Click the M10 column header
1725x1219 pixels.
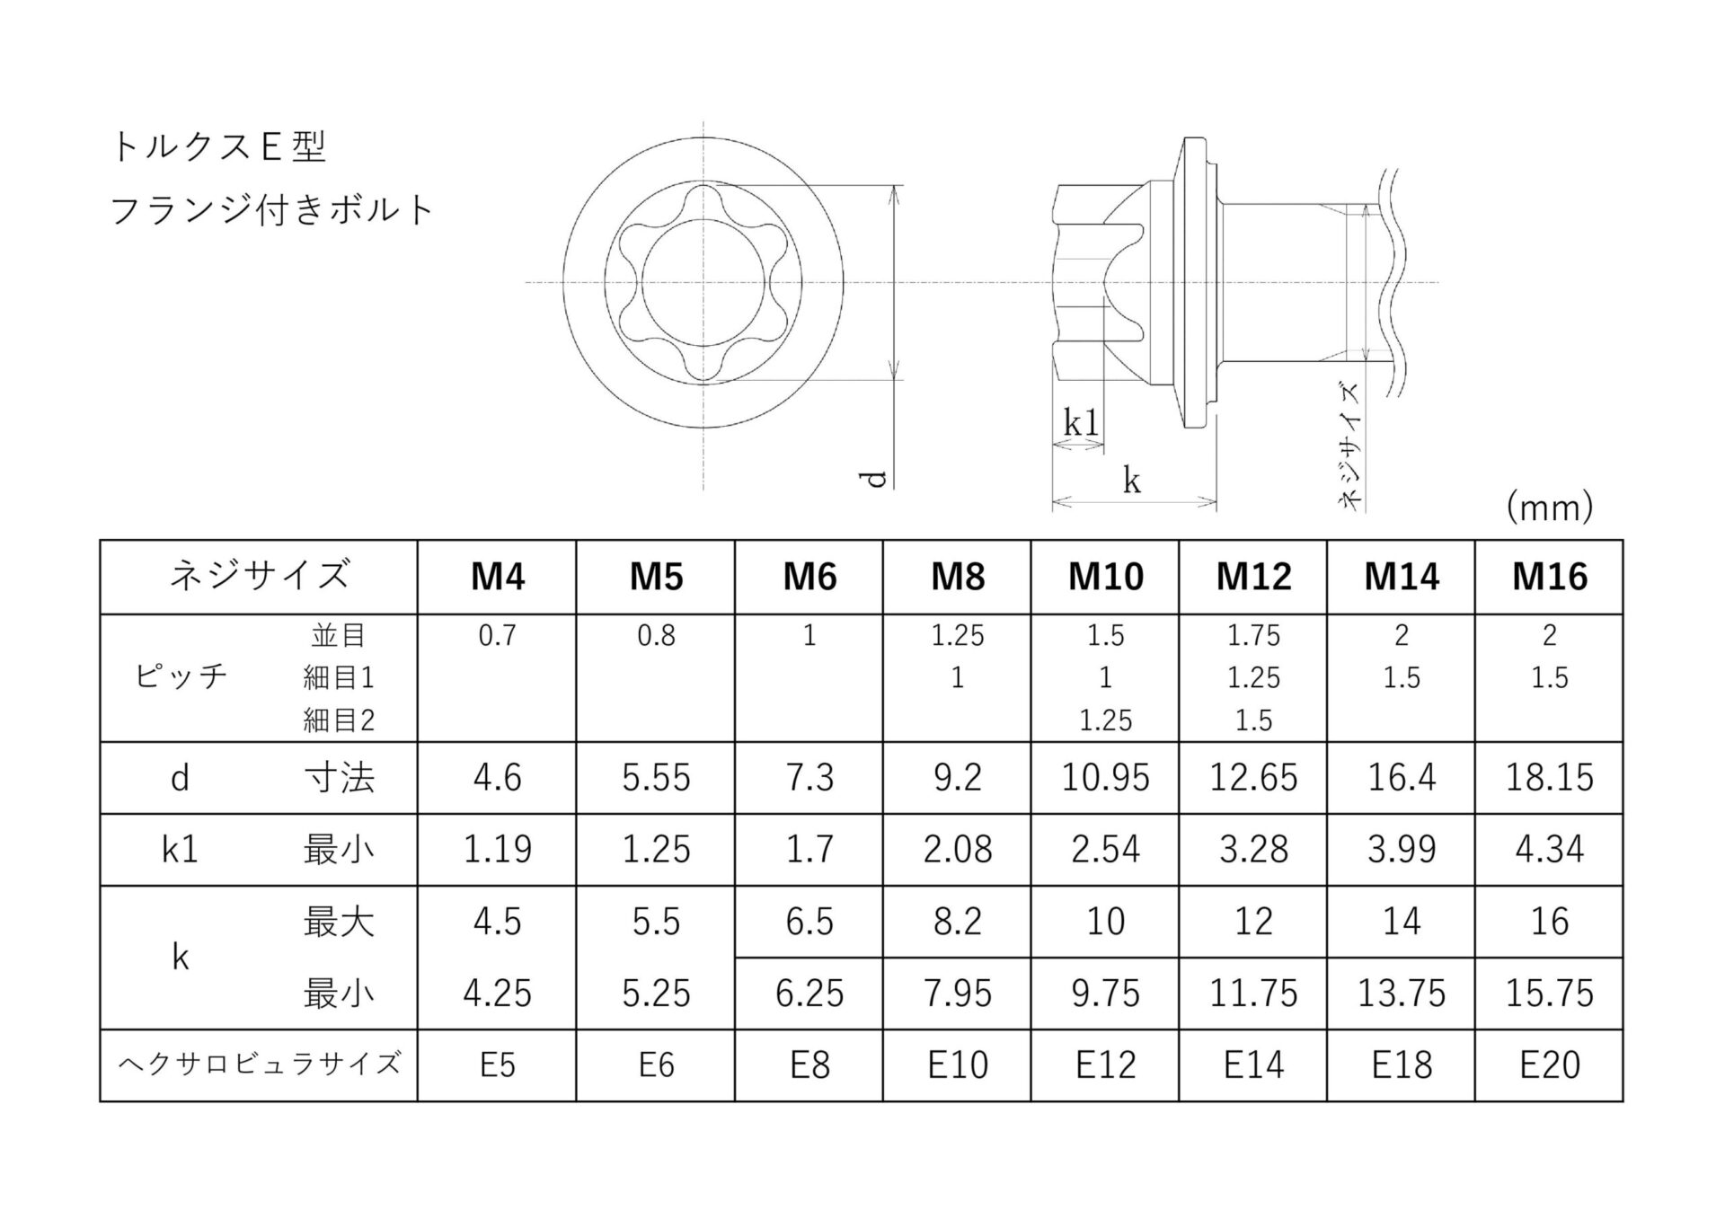click(x=1105, y=577)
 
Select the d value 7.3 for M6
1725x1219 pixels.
click(x=809, y=777)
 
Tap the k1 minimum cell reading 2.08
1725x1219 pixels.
click(x=957, y=849)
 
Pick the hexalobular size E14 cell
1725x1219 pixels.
click(x=1253, y=1064)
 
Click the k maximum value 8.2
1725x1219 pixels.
click(x=957, y=922)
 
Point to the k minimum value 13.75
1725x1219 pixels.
click(x=1402, y=994)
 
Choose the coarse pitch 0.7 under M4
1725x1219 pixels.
click(x=497, y=636)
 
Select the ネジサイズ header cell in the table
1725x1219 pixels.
click(x=259, y=575)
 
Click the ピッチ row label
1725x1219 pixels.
click(x=181, y=676)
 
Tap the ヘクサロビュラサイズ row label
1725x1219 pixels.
click(x=259, y=1064)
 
